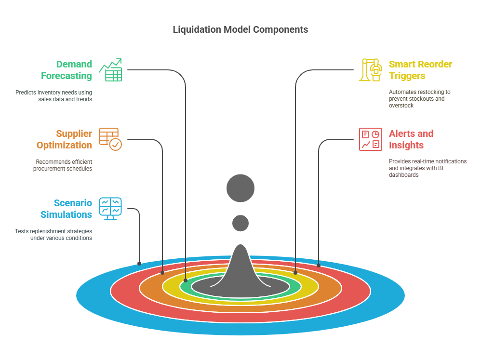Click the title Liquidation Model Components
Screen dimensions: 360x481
pyautogui.click(x=240, y=29)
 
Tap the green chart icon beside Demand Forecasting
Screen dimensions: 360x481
pyautogui.click(x=110, y=70)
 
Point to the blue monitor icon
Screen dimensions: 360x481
pyautogui.click(x=110, y=209)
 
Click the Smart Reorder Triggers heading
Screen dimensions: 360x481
pyautogui.click(x=420, y=70)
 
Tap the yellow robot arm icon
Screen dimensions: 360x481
pyautogui.click(x=370, y=70)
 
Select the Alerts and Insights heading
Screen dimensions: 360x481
pyautogui.click(x=411, y=139)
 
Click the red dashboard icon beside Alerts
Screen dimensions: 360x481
pyautogui.click(x=370, y=139)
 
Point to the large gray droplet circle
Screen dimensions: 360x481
pyautogui.click(x=240, y=187)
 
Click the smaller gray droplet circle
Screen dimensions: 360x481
pyautogui.click(x=240, y=223)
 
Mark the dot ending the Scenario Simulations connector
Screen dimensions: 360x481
pyautogui.click(x=139, y=264)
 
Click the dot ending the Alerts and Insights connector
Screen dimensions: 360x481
pyautogui.click(x=319, y=265)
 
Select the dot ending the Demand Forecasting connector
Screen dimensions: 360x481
pyautogui.click(x=186, y=280)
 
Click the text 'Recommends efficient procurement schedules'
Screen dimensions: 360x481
pyautogui.click(x=63, y=165)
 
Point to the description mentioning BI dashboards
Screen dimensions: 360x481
pyautogui.click(x=428, y=168)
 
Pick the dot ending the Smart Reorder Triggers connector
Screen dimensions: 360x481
pyautogui.click(x=295, y=272)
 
